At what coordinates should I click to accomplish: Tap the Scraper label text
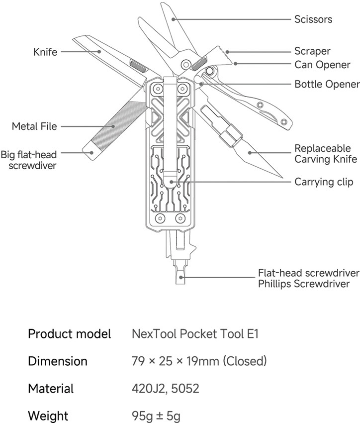[x=312, y=51]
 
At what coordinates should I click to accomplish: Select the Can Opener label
[x=322, y=65]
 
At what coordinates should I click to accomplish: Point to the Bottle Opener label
[x=327, y=84]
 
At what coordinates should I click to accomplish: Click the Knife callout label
[x=45, y=52]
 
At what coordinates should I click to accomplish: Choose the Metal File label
[x=34, y=126]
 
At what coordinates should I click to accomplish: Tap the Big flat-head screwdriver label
[x=29, y=160]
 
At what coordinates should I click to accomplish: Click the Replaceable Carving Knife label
[x=326, y=154]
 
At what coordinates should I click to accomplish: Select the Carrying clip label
[x=324, y=182]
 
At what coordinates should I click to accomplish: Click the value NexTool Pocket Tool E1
[x=195, y=333]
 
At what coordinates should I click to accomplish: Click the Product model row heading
[x=69, y=333]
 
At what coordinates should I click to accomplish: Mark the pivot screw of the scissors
[x=186, y=65]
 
